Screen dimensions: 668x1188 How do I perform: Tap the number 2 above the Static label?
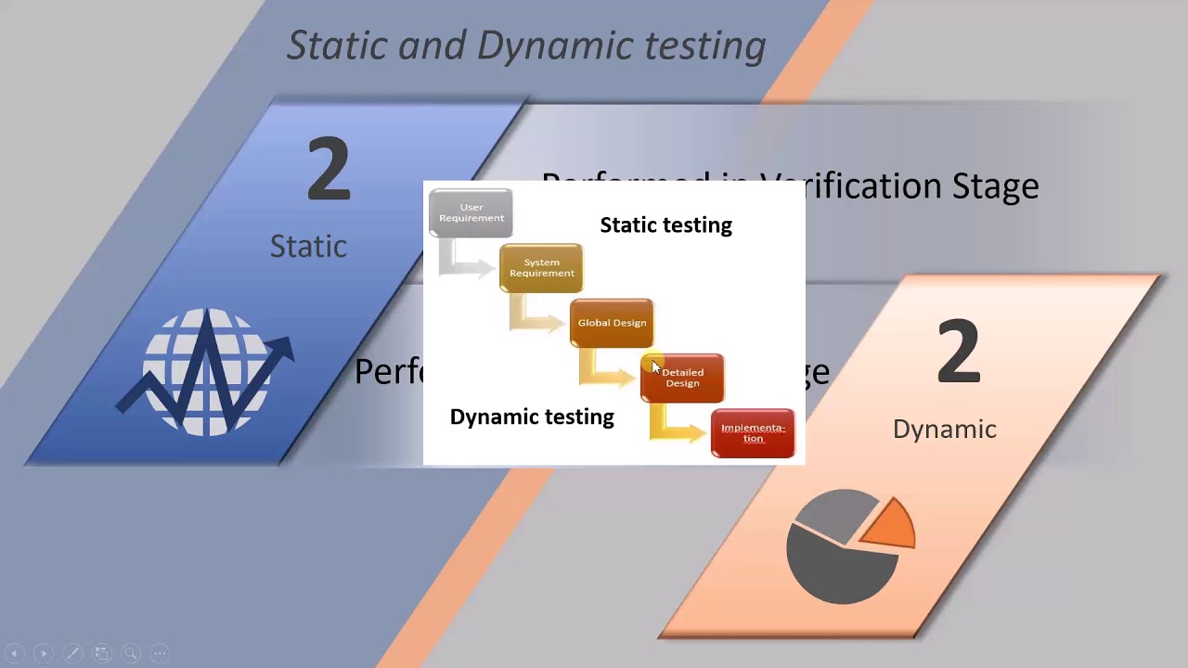[329, 169]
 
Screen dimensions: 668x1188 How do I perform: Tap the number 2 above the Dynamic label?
[958, 352]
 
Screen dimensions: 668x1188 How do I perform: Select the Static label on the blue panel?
[308, 246]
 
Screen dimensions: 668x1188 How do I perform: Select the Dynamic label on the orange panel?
[944, 429]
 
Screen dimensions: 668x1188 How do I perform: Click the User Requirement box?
[471, 213]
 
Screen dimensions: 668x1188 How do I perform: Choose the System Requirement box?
[541, 268]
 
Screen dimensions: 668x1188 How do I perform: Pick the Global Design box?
[612, 323]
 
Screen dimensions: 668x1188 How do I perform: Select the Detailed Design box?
[683, 378]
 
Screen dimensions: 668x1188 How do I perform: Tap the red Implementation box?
[753, 433]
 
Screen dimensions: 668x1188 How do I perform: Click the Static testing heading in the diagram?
[665, 225]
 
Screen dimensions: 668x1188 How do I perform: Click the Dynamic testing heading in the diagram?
[532, 417]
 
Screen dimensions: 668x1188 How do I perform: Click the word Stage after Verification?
[995, 186]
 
